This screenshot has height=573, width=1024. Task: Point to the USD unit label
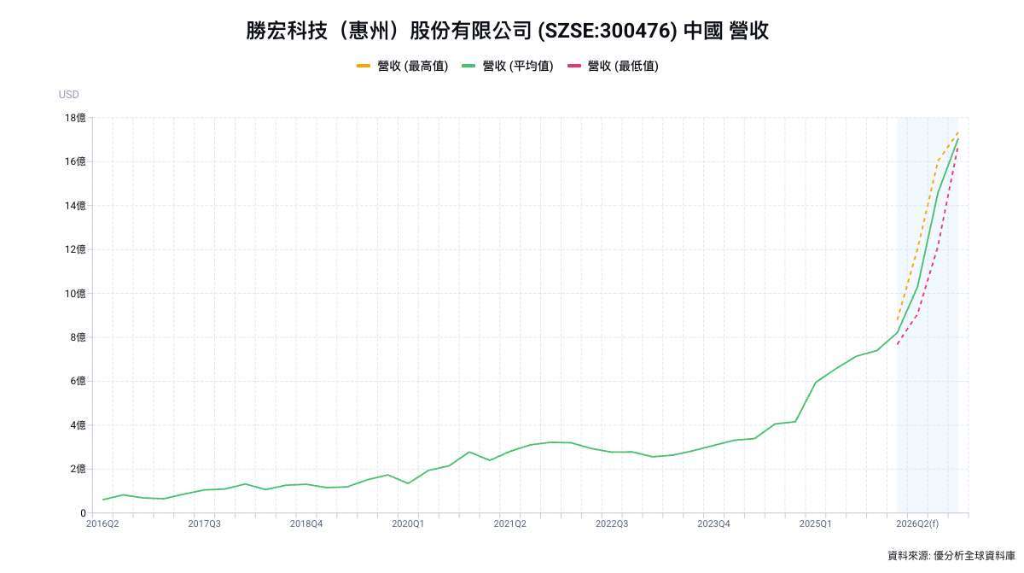pyautogui.click(x=68, y=95)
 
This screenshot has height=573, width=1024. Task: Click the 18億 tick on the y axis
pyautogui.click(x=75, y=118)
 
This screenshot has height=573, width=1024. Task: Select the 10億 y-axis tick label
pyautogui.click(x=75, y=294)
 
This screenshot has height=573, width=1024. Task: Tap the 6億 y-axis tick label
pyautogui.click(x=78, y=382)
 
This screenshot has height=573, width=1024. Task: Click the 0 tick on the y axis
pyautogui.click(x=83, y=513)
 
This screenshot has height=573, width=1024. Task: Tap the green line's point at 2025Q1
pyautogui.click(x=815, y=383)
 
